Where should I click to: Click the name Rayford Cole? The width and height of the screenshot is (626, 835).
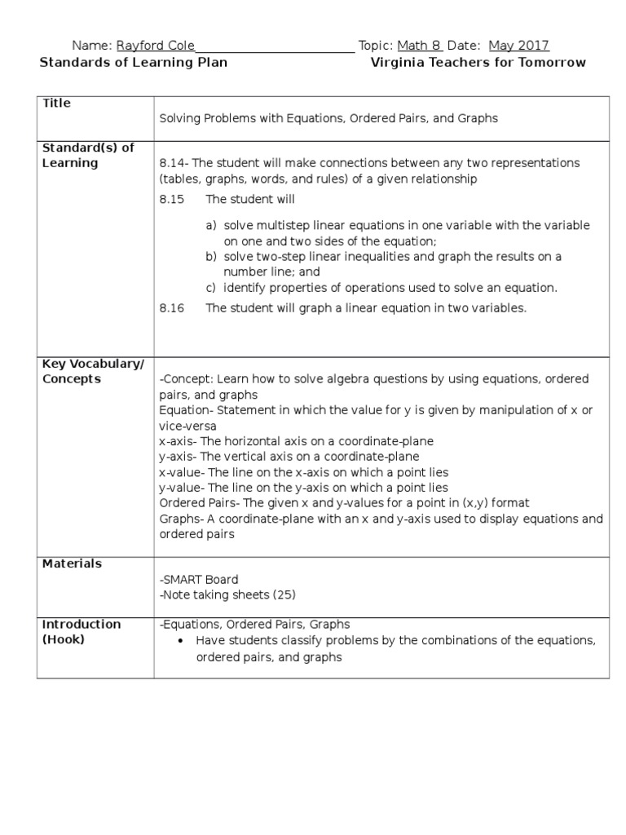pyautogui.click(x=155, y=46)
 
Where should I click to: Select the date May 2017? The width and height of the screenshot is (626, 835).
pyautogui.click(x=518, y=46)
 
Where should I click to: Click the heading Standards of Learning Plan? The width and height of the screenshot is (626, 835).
pyautogui.click(x=134, y=63)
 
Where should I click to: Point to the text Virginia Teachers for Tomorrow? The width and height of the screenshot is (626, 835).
pyautogui.click(x=478, y=63)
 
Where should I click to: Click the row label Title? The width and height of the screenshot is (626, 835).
pyautogui.click(x=56, y=104)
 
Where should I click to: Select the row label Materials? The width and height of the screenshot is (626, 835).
pyautogui.click(x=72, y=563)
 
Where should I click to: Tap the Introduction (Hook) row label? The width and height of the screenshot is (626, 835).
pyautogui.click(x=81, y=631)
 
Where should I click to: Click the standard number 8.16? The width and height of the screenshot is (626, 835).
pyautogui.click(x=173, y=307)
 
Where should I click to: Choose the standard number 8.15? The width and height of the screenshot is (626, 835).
pyautogui.click(x=173, y=199)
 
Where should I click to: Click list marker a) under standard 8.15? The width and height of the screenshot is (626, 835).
pyautogui.click(x=210, y=225)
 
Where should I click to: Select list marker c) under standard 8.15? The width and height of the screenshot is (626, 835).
pyautogui.click(x=210, y=287)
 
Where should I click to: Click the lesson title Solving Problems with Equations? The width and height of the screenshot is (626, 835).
pyautogui.click(x=328, y=118)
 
